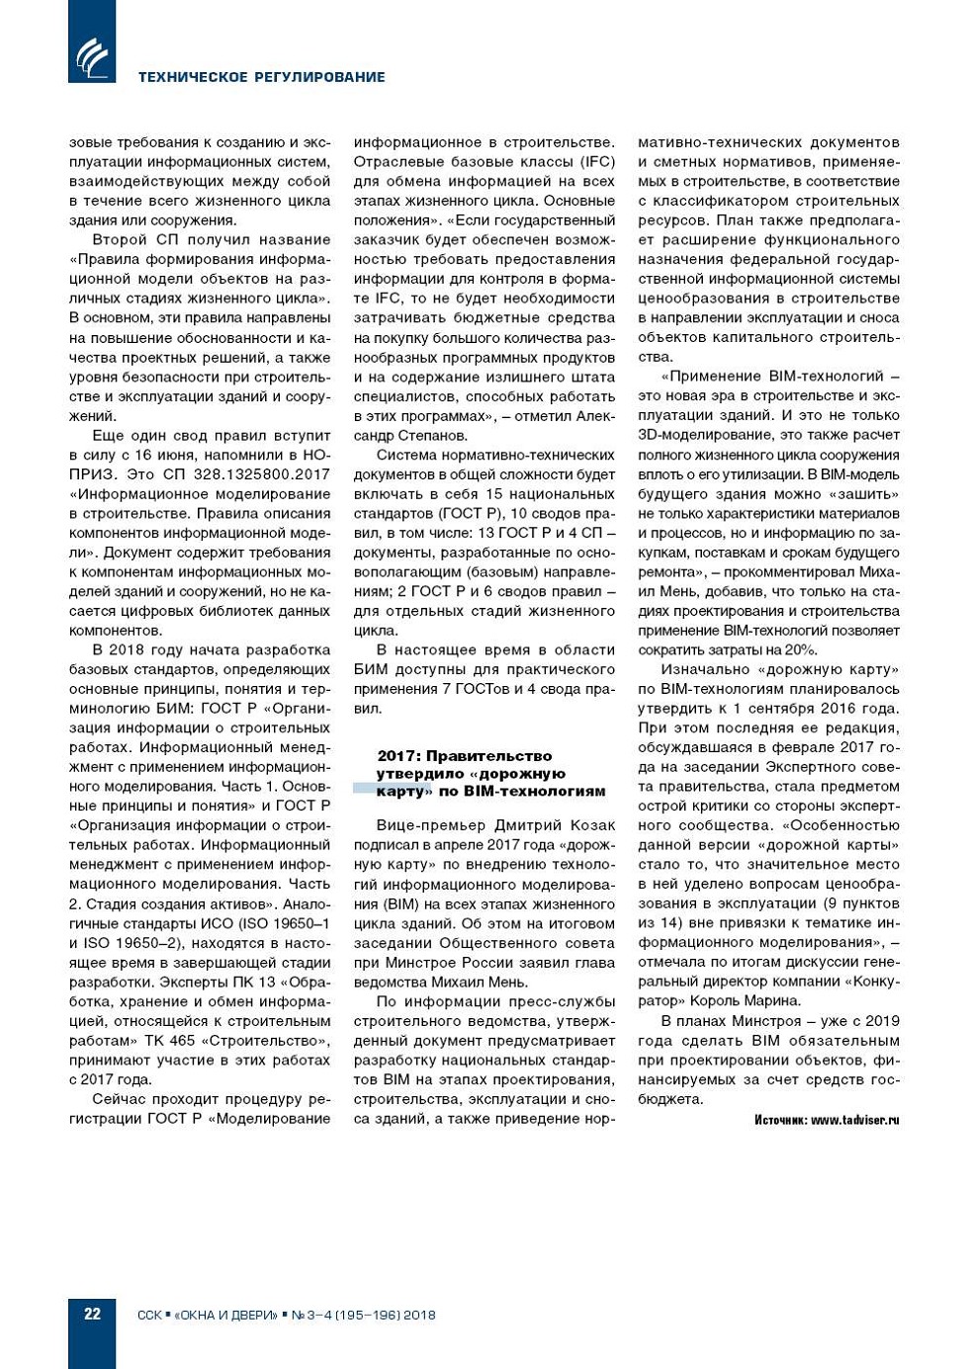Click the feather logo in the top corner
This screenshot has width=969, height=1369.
click(x=92, y=56)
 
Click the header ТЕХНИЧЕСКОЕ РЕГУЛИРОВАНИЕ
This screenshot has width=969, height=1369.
click(x=261, y=77)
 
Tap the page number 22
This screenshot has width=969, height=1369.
click(x=92, y=1314)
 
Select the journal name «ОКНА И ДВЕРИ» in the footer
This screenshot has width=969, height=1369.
click(x=226, y=1315)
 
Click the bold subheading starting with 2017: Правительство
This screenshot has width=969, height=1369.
click(x=490, y=773)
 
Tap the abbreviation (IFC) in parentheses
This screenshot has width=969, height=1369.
click(x=597, y=162)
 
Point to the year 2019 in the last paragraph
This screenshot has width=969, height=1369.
click(x=882, y=1021)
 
